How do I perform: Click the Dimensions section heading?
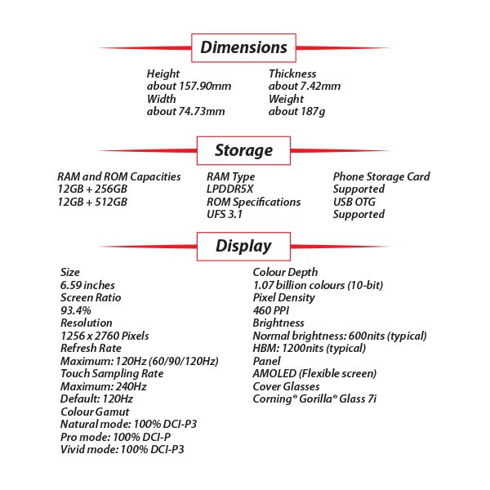click(243, 47)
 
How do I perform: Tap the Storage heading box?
click(243, 150)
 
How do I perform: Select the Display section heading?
click(243, 246)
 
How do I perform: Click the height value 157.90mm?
click(187, 86)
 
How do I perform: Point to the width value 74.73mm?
click(185, 111)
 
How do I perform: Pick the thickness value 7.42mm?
click(305, 86)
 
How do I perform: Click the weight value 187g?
click(296, 111)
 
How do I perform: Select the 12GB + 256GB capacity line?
click(92, 189)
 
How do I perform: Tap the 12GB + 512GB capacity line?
click(91, 202)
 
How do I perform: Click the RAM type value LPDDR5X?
click(229, 189)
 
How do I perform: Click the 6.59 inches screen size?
click(87, 284)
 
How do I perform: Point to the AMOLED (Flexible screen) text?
click(314, 373)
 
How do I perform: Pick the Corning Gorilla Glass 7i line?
click(314, 399)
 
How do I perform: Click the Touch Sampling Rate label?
click(112, 373)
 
